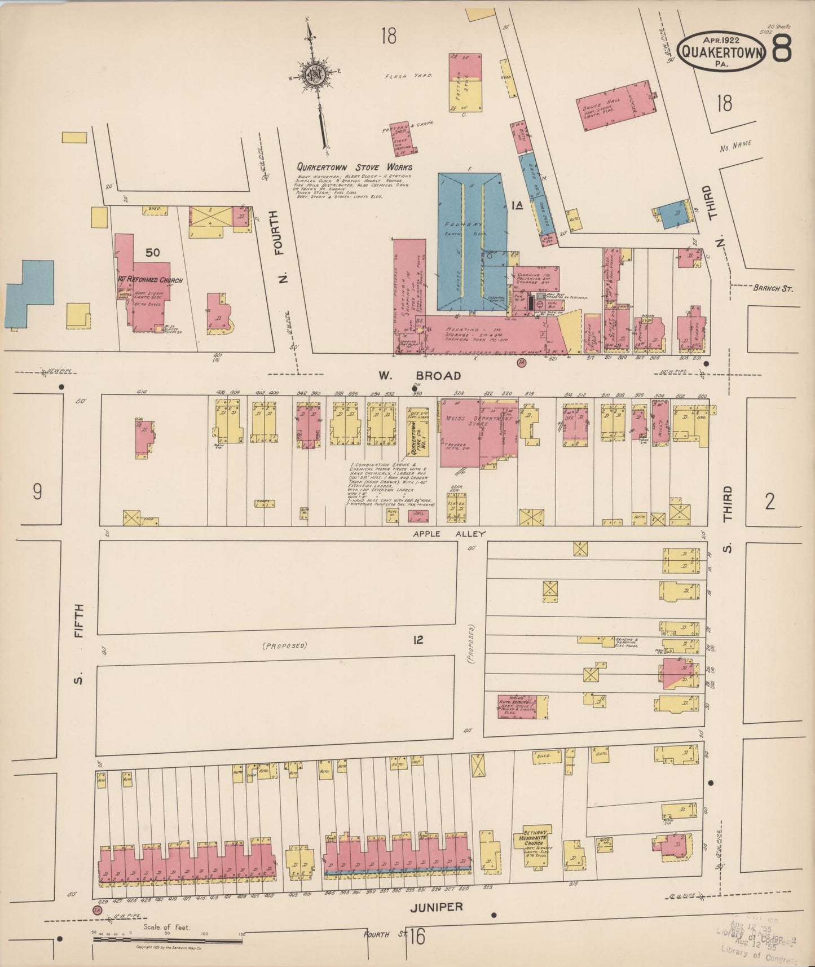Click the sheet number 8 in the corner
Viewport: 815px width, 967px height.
click(782, 49)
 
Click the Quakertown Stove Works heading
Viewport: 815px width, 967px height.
click(355, 167)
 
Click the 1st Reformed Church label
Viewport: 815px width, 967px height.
click(150, 280)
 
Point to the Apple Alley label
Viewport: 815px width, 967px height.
click(441, 533)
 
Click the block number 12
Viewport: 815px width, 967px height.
click(418, 640)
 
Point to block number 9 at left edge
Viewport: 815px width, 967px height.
click(37, 493)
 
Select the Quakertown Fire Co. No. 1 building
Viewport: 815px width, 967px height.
click(417, 434)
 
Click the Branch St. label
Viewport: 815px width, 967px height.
click(773, 288)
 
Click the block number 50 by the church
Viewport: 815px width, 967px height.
click(152, 253)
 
